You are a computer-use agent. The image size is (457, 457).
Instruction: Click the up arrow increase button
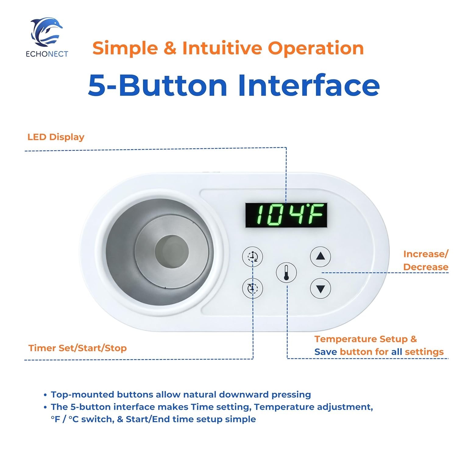coord(321,257)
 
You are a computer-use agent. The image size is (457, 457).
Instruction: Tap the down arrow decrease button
coord(321,288)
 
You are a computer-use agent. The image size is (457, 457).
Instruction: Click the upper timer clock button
coord(253,257)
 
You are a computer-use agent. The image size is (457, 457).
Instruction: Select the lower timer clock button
coord(253,288)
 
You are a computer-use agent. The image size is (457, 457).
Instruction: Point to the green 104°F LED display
coord(286,215)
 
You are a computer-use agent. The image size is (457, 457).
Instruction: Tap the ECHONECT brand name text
coord(47,54)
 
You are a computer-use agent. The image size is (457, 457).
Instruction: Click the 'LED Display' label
coord(56,137)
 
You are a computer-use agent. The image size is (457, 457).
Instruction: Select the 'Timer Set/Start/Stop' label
coord(77,348)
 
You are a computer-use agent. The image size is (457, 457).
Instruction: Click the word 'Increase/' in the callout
coord(426,254)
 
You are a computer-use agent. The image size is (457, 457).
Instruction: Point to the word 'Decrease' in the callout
coord(426,267)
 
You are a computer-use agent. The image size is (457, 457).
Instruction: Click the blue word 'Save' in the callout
coord(325,352)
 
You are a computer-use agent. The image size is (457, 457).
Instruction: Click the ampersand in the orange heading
coord(170,48)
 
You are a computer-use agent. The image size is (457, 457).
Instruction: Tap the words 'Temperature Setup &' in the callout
coord(366,339)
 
